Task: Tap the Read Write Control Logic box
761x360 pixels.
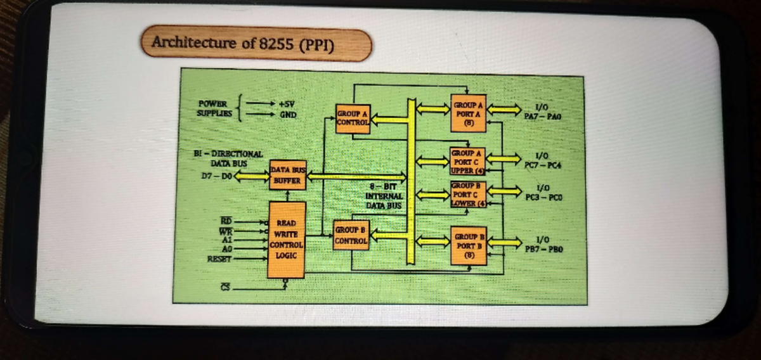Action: click(287, 240)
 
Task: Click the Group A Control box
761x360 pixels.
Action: click(353, 119)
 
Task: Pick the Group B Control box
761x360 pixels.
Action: click(351, 236)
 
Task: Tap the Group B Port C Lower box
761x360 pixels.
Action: click(469, 194)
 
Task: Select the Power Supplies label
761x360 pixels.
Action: click(212, 108)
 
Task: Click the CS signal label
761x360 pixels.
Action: click(225, 288)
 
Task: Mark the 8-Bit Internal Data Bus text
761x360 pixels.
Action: click(384, 196)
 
